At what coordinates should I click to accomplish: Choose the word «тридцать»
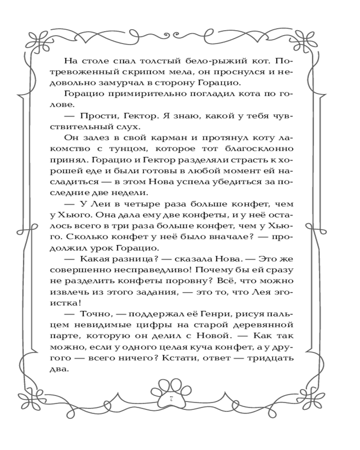(x=269, y=359)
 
